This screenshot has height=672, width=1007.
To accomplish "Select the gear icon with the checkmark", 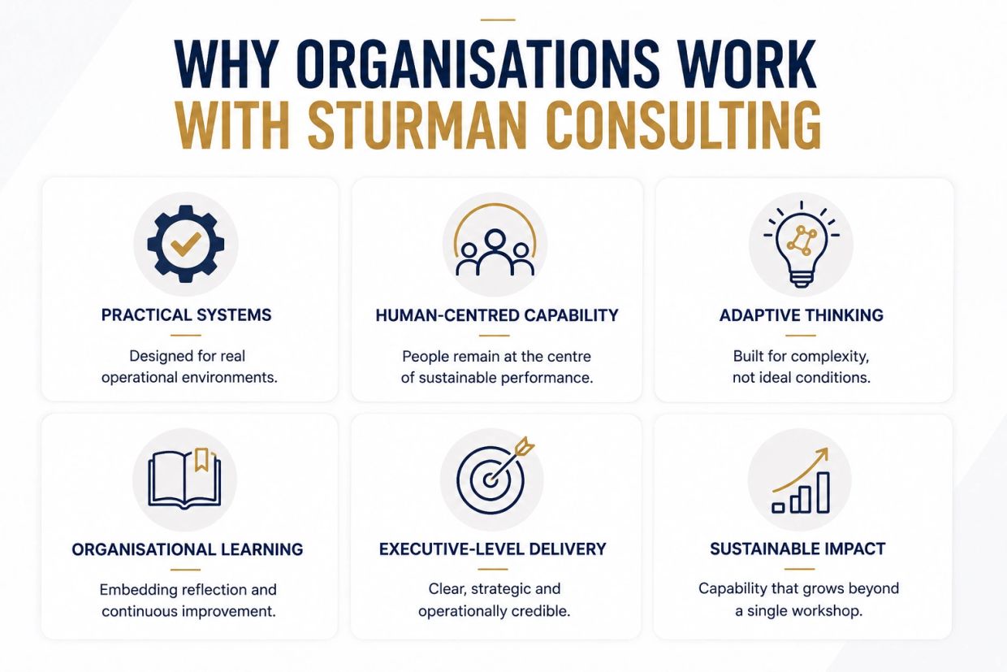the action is pos(186,244).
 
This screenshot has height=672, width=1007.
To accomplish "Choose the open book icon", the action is pos(184,479).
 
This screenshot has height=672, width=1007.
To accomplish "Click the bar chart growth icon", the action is pos(801,480).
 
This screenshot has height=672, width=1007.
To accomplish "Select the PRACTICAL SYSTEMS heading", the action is pos(186,314).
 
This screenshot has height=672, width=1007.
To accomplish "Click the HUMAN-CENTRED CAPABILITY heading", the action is pos(497,315).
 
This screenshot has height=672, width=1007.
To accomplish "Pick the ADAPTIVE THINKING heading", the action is pos(801,315).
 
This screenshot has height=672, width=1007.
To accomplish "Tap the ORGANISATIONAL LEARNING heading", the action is pos(187,549).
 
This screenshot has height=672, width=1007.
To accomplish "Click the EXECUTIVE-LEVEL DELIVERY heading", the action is pos(493,549).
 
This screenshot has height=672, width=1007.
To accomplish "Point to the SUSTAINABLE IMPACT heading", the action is pos(797,548).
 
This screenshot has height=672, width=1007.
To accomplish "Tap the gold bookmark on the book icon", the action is pos(201,460).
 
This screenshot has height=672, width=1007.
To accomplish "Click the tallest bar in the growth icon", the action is pos(823,492).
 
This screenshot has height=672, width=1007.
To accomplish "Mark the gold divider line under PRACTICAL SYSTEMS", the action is pos(186,335).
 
